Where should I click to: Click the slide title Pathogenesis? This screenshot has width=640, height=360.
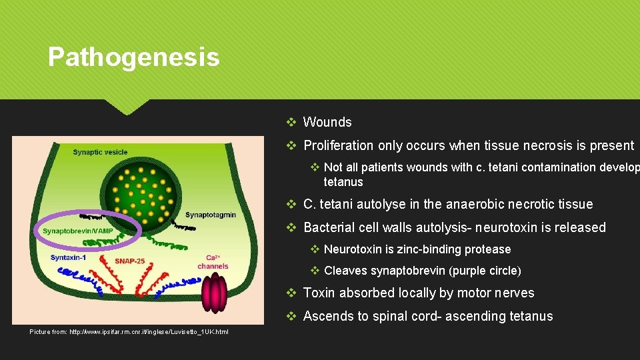(x=133, y=57)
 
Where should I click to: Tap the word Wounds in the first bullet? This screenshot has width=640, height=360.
(x=327, y=122)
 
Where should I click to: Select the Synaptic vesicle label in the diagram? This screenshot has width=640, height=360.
(x=100, y=152)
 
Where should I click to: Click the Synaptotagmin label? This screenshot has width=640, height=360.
(x=210, y=215)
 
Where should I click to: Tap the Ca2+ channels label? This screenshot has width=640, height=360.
(x=213, y=261)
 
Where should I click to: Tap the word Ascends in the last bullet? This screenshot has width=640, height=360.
(x=327, y=316)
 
